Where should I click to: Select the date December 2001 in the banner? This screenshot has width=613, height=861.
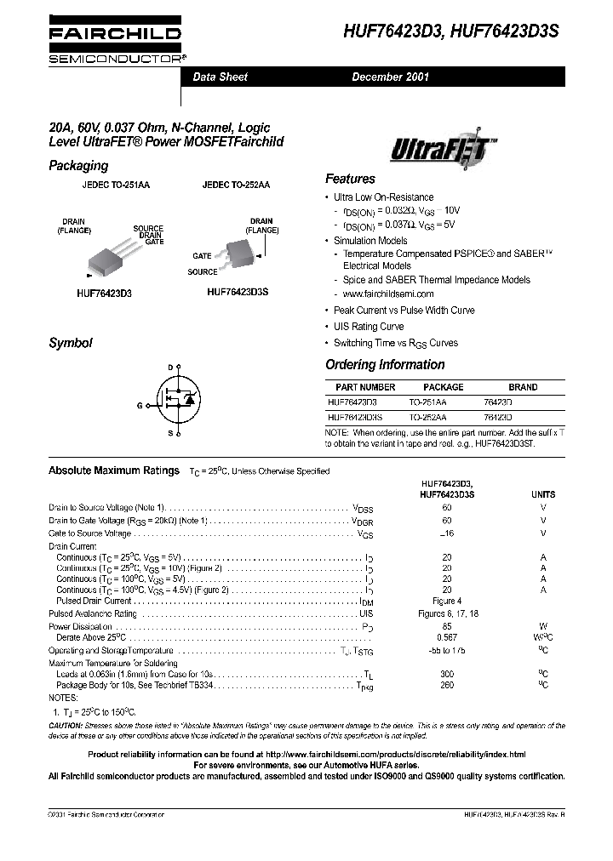click(391, 77)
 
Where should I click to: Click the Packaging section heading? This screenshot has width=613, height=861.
click(78, 166)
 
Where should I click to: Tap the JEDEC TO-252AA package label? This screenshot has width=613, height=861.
click(236, 185)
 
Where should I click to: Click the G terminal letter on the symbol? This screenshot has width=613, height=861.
click(139, 406)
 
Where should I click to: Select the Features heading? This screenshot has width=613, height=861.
click(350, 180)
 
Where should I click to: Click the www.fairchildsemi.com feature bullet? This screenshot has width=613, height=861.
click(376, 294)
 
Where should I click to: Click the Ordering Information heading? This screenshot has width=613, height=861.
click(385, 365)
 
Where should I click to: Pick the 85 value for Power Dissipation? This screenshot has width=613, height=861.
click(447, 626)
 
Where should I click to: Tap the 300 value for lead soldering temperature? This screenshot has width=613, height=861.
click(447, 673)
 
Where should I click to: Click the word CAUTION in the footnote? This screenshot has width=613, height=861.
click(66, 726)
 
